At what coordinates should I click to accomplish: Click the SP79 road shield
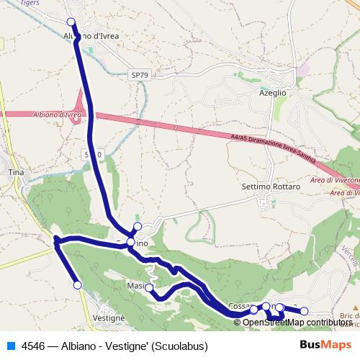point(139,74)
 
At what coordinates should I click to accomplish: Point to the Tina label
point(16,173)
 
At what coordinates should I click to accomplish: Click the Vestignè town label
point(109,318)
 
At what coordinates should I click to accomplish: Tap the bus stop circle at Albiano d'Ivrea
point(71,22)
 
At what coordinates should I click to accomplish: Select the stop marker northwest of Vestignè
point(78,285)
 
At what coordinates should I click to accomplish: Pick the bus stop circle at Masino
point(149,288)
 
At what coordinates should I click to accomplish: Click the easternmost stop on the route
point(304,311)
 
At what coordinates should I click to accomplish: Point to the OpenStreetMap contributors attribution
point(297,322)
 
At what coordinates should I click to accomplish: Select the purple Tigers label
point(50,3)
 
